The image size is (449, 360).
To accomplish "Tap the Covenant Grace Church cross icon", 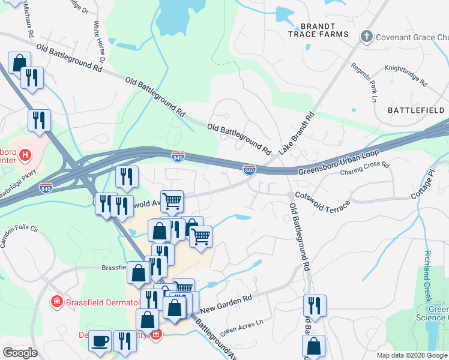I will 366,37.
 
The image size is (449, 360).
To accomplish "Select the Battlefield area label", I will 416,110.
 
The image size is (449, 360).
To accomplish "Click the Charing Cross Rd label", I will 365,170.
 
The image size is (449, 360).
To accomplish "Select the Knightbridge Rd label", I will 406,76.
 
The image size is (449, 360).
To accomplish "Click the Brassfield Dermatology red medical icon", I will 56,302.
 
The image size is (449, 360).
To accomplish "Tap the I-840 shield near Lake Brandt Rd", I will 249,170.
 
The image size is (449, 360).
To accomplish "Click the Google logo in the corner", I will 19,353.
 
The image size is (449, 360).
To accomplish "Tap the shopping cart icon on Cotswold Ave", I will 172,201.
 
